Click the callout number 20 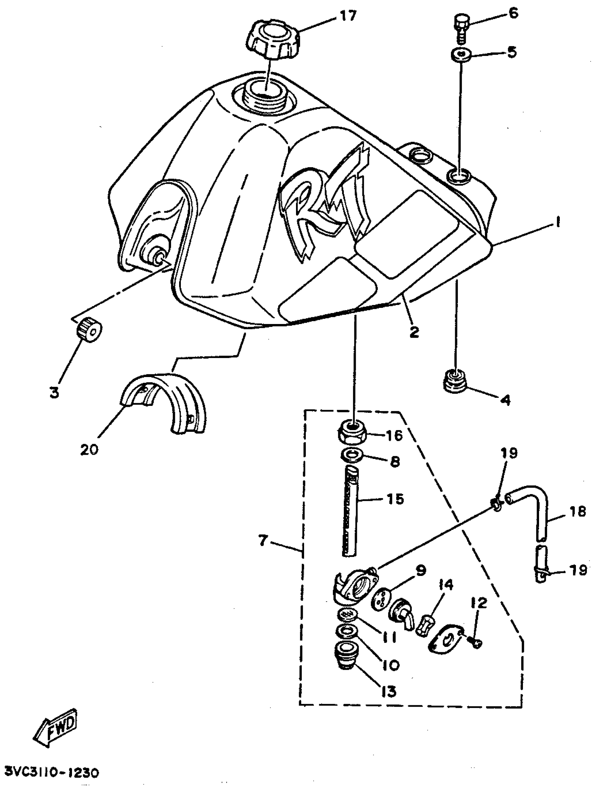pyautogui.click(x=89, y=449)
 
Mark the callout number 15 pyautogui.click(x=395, y=499)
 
